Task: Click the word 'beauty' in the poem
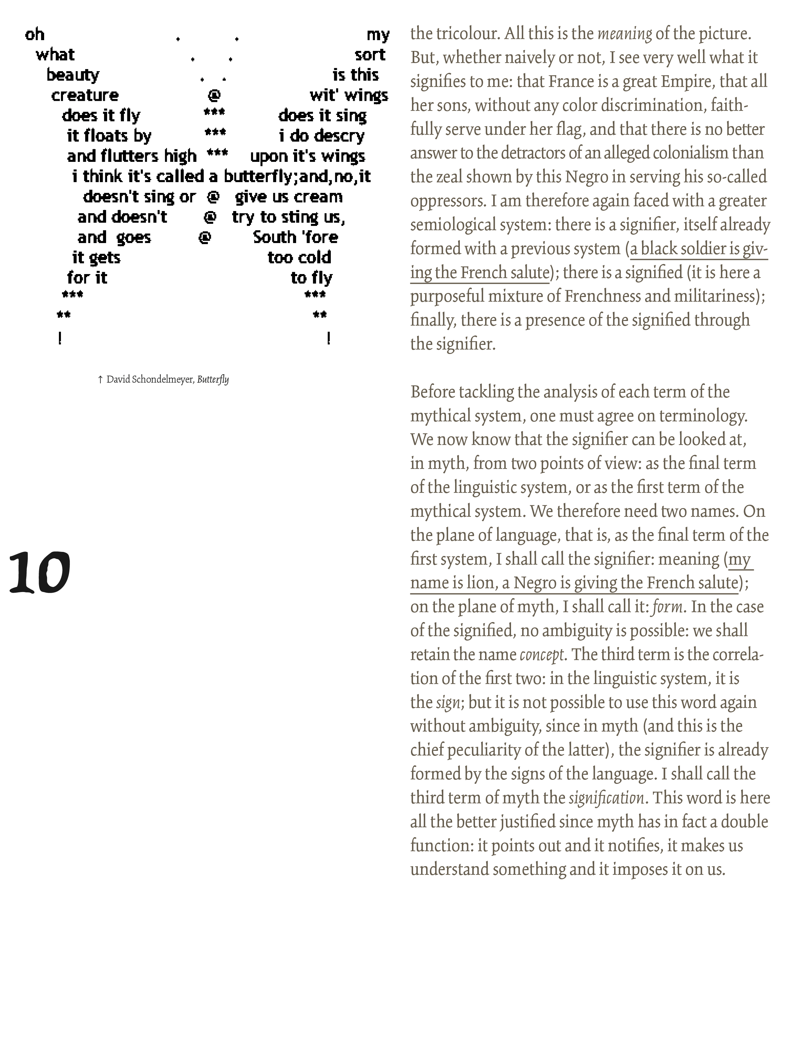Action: click(x=73, y=75)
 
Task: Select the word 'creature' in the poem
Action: click(x=85, y=95)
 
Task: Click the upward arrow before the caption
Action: click(x=100, y=379)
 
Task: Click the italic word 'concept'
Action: click(x=542, y=654)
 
